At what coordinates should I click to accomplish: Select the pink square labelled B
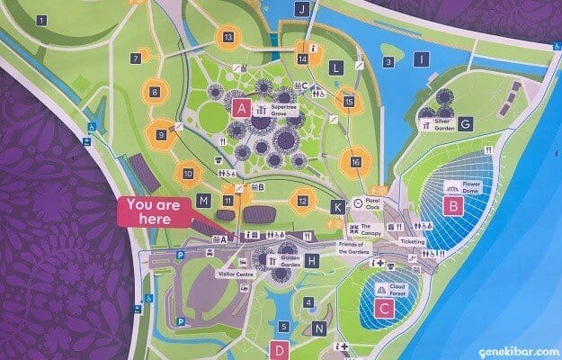(x=453, y=207)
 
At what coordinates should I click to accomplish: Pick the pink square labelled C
(x=385, y=310)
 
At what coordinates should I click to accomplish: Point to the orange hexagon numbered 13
(x=229, y=37)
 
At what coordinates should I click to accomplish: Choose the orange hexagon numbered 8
(x=156, y=91)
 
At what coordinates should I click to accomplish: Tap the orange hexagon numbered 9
(x=163, y=135)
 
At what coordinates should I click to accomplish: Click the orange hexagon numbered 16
(x=357, y=161)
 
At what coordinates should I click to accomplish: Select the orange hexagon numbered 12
(x=303, y=201)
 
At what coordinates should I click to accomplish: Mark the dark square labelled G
(x=465, y=124)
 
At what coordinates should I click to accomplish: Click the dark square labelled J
(x=302, y=9)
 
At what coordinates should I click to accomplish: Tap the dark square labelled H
(x=312, y=261)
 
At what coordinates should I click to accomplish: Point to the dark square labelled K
(x=337, y=207)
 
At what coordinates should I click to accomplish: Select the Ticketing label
(x=412, y=242)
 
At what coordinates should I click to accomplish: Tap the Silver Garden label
(x=437, y=124)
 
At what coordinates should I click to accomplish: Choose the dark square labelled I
(x=421, y=60)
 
